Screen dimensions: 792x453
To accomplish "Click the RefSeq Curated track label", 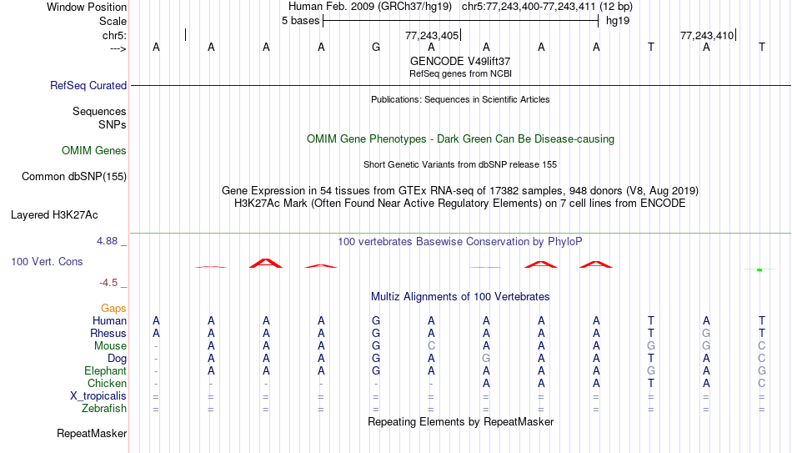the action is [88, 85].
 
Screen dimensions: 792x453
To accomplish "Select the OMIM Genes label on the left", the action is [94, 151].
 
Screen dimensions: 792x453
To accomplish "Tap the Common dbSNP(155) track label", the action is [73, 177].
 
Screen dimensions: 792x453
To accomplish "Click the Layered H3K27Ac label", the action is [54, 215].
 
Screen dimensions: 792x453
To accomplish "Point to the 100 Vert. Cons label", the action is [47, 261].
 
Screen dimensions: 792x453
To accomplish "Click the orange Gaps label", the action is [113, 309].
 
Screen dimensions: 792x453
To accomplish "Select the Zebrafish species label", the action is [104, 409].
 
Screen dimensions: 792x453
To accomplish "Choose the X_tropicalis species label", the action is [98, 396].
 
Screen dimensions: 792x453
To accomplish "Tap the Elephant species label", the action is [106, 371].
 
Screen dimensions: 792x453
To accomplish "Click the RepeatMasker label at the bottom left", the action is [92, 433].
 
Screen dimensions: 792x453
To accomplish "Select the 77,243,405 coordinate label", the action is [432, 35].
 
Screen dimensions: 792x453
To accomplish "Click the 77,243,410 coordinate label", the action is [707, 35].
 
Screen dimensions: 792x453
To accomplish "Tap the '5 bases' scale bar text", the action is [300, 21].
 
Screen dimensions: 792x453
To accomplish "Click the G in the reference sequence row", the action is [376, 47].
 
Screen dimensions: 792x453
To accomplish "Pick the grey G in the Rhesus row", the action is [706, 333].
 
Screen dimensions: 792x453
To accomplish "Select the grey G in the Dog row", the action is [486, 359].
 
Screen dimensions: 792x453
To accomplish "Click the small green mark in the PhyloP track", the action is [759, 270].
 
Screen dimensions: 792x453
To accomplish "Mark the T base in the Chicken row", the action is [651, 383].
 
